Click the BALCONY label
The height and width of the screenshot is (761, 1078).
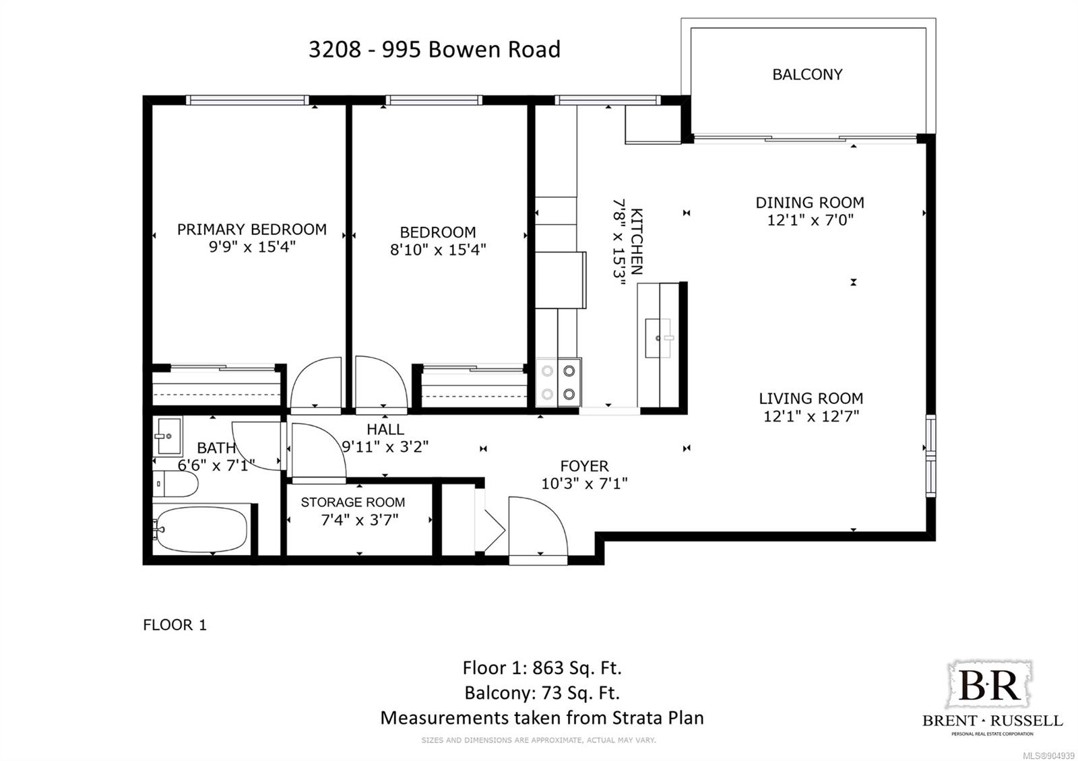pos(807,75)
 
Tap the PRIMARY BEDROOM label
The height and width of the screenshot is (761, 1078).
pos(252,230)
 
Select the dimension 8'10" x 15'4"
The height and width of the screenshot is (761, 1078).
pos(438,250)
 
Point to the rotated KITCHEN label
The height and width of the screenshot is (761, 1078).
pos(636,242)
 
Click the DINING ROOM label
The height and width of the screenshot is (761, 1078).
pos(810,203)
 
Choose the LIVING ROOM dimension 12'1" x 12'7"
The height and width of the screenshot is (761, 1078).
pos(811,416)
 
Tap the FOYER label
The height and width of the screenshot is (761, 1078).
pos(584,465)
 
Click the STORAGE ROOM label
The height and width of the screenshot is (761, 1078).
pos(353,502)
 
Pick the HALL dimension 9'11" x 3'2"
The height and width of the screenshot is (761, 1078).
pos(385,447)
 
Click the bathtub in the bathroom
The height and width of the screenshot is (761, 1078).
pos(202,529)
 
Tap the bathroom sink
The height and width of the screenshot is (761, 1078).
pos(168,436)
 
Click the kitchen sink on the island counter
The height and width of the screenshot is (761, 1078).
pos(658,338)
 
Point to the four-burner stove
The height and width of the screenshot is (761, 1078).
pos(559,383)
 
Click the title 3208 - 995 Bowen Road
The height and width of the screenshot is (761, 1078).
pos(435,49)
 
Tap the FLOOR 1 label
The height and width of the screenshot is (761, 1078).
pos(175,625)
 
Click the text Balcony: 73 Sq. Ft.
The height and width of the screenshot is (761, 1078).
pos(542,693)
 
